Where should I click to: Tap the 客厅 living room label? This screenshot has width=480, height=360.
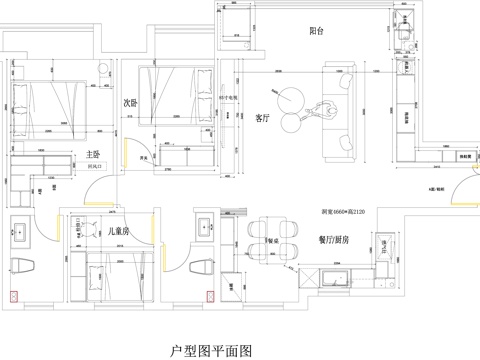point(263,117)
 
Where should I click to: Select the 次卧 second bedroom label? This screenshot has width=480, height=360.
point(130,102)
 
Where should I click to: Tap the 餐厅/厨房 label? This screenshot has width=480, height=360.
point(335,240)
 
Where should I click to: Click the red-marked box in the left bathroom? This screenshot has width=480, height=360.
point(12,297)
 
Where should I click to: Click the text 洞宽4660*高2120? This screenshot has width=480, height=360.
point(342,213)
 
